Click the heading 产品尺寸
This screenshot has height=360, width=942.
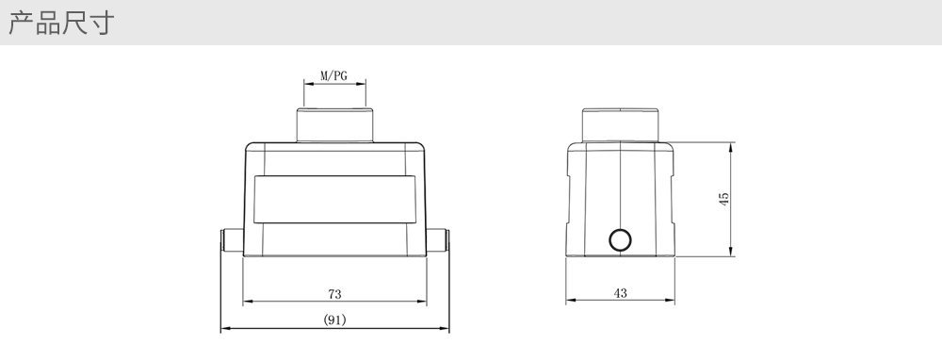click(60, 23)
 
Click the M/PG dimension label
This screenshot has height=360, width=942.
click(333, 76)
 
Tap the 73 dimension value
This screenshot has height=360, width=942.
click(334, 294)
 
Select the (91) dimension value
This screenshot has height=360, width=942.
click(334, 319)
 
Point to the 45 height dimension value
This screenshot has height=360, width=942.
click(723, 199)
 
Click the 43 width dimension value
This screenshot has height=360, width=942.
click(620, 293)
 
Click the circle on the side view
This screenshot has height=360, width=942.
click(620, 239)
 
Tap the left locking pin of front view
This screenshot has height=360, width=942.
click(232, 240)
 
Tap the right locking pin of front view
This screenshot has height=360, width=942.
click(438, 240)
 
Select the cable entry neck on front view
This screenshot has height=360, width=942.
click(334, 125)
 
